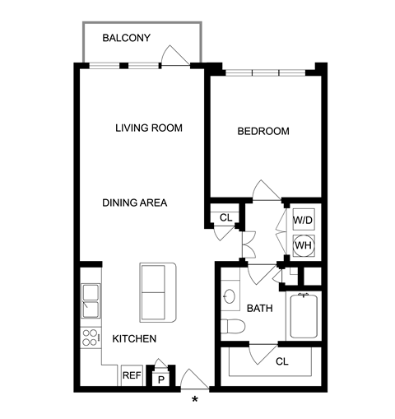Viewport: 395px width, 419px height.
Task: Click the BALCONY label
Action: click(127, 38)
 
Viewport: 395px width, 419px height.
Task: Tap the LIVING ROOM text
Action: click(149, 128)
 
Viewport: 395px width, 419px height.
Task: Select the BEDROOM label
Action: click(263, 131)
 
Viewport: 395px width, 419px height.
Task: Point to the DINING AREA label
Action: click(134, 203)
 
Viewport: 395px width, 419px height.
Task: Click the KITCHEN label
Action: click(134, 339)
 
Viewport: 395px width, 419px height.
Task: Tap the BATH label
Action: click(260, 309)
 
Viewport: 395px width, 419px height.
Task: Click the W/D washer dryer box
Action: click(304, 220)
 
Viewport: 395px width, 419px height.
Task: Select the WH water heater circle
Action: click(304, 245)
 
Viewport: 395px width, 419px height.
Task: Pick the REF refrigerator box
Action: click(132, 375)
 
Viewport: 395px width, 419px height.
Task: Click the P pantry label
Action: click(161, 380)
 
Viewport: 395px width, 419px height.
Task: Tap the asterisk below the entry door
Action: click(195, 399)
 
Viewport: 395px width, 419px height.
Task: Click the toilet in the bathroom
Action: click(233, 326)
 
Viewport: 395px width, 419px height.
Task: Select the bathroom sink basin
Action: click(230, 296)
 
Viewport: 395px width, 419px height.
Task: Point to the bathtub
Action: click(304, 315)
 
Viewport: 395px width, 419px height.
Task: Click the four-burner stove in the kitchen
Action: click(91, 338)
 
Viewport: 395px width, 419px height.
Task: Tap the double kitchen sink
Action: click(91, 301)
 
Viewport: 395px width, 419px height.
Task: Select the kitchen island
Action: click(158, 292)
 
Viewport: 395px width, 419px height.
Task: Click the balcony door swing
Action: click(175, 56)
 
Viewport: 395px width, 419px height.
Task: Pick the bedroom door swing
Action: click(267, 190)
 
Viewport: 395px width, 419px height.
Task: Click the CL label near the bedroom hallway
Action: click(226, 218)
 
